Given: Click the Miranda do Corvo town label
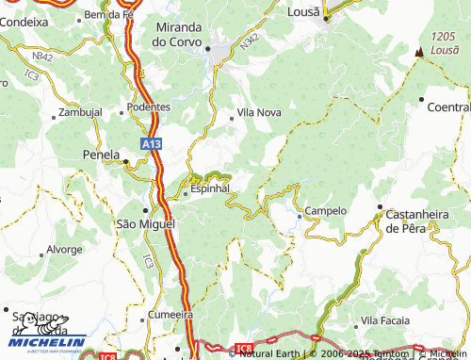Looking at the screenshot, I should (x=185, y=35).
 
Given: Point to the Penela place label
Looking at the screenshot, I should (x=102, y=154).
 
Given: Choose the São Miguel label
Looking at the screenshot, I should (x=144, y=223).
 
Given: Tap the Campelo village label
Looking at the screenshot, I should (x=326, y=211).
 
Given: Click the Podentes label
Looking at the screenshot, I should (x=149, y=107).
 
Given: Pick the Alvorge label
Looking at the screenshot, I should (x=64, y=251).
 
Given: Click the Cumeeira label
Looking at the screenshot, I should (x=170, y=316).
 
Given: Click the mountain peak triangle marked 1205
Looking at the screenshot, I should (x=417, y=53).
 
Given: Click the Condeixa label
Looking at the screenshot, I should (x=24, y=21).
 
